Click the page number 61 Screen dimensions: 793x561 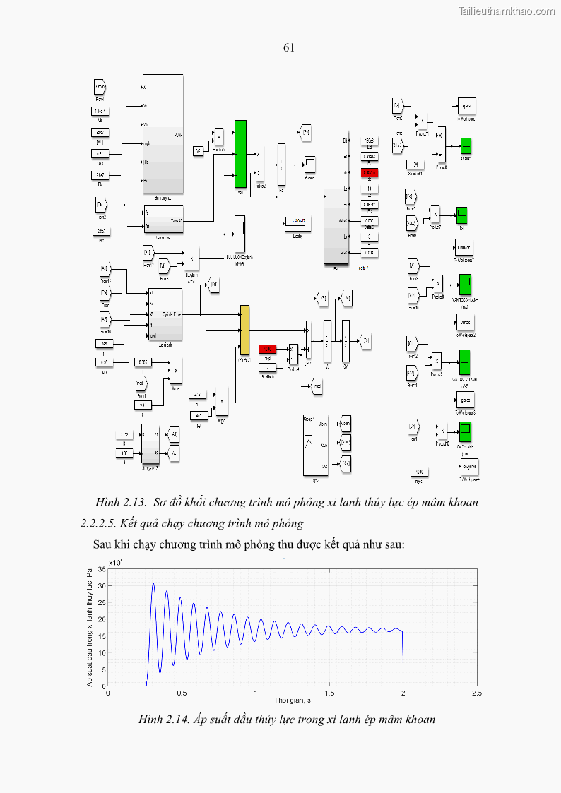pyautogui.click(x=288, y=48)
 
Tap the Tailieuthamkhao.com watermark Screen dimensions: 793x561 pyautogui.click(x=507, y=11)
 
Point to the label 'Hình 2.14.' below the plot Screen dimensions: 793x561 pyautogui.click(x=164, y=720)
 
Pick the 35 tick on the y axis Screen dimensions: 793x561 pyautogui.click(x=102, y=568)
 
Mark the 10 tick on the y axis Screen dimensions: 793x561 pyautogui.click(x=102, y=652)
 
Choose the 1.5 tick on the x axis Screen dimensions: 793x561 pyautogui.click(x=329, y=693)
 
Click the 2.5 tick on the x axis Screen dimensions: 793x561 pyautogui.click(x=476, y=693)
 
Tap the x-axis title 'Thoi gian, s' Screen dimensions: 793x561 pyautogui.click(x=292, y=700)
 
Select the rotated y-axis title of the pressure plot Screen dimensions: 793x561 pyautogui.click(x=90, y=627)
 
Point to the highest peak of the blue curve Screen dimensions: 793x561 pyautogui.click(x=153, y=583)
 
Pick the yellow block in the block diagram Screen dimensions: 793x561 pyautogui.click(x=244, y=330)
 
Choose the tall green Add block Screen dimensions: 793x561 pyautogui.click(x=240, y=154)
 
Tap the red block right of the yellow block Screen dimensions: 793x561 pyautogui.click(x=267, y=349)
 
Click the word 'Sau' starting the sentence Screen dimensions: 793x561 pyautogui.click(x=103, y=544)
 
